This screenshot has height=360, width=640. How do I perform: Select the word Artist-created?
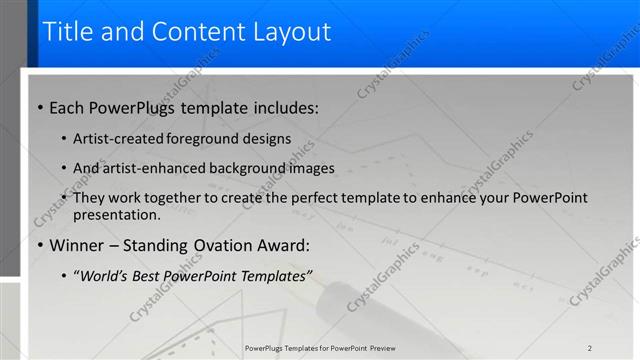(115, 138)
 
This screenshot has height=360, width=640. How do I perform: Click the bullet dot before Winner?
(40, 246)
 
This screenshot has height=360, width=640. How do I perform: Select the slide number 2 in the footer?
(589, 347)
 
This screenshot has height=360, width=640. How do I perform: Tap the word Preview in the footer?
(381, 347)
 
